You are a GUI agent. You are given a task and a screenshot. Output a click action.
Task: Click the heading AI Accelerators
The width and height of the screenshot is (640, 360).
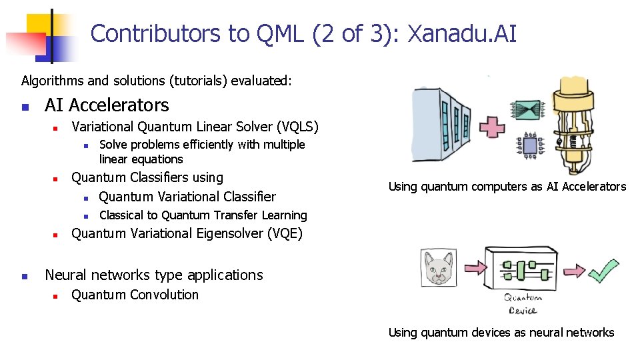click(x=107, y=105)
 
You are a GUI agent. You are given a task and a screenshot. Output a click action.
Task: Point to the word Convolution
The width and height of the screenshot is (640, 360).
click(x=167, y=295)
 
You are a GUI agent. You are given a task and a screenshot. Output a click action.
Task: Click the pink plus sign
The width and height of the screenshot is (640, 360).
click(x=493, y=127)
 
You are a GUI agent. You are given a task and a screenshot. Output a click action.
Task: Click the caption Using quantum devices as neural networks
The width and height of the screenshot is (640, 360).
click(x=501, y=332)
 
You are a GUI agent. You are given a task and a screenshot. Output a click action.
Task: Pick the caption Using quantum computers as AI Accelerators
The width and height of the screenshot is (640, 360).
click(x=507, y=187)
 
